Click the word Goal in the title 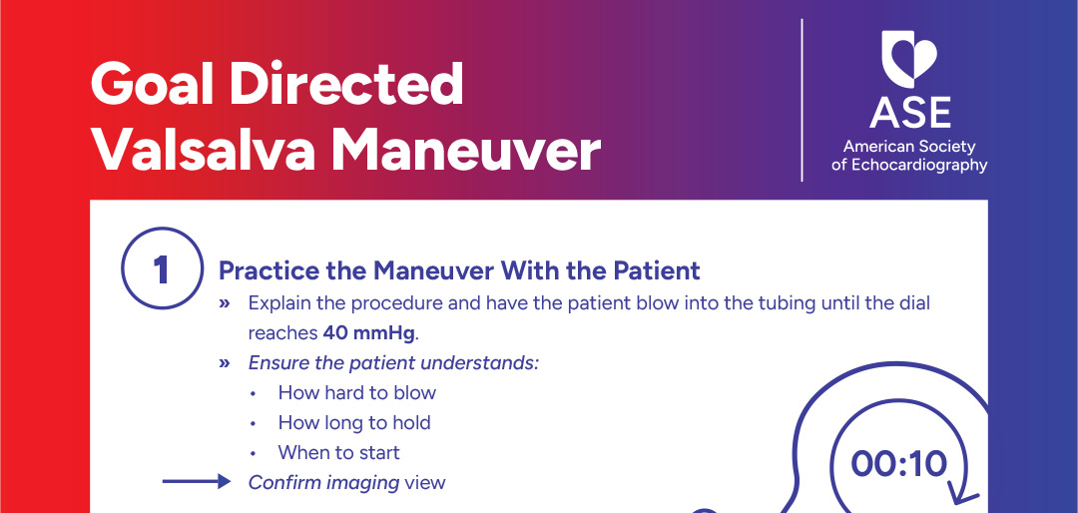[152, 86]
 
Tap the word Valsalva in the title [203, 151]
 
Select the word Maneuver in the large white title [466, 151]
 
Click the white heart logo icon [909, 60]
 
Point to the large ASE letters [909, 112]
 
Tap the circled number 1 [160, 269]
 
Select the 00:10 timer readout [898, 463]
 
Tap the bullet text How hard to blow [357, 392]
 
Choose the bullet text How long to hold [354, 422]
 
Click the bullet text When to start [338, 452]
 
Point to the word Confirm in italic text [283, 483]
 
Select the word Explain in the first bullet [280, 302]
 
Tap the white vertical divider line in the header [803, 100]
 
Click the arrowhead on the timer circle [963, 494]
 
